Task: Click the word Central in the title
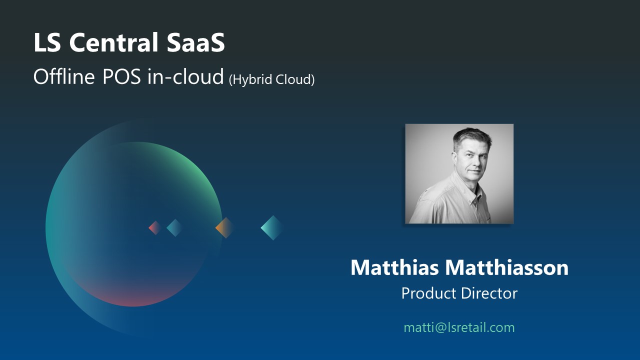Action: pos(113,42)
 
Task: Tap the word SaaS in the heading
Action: pos(195,42)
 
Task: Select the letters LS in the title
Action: pos(47,42)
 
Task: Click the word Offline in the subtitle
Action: pos(64,76)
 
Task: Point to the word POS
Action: pos(121,76)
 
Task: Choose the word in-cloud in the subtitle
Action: pos(185,76)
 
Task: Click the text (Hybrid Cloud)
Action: pos(271,79)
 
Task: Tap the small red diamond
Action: pos(155,227)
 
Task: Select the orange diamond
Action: pos(225,227)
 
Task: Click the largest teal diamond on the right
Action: pos(272,227)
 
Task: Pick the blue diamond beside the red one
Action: pos(174,227)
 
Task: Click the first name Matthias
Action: pos(394,267)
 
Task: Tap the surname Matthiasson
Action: pos(507,267)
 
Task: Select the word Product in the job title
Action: pos(428,293)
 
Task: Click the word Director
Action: pos(489,293)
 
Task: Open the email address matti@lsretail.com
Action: pos(459,327)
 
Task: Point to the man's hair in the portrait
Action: pos(472,137)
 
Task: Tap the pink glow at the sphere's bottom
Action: pos(134,298)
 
